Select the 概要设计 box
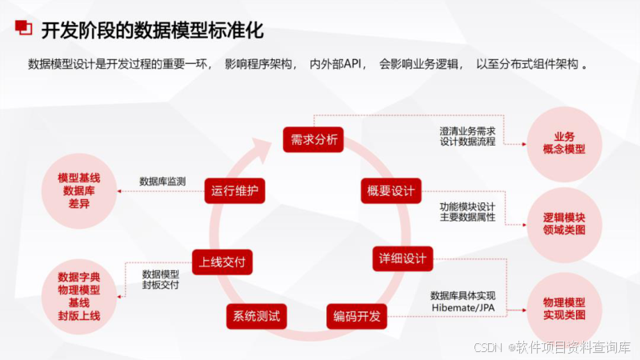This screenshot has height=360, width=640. [390, 190]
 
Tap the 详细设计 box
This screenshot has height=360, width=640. [402, 258]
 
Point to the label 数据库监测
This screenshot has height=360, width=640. [162, 182]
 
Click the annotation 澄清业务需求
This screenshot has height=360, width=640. [468, 130]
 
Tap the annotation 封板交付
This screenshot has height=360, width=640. [161, 284]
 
